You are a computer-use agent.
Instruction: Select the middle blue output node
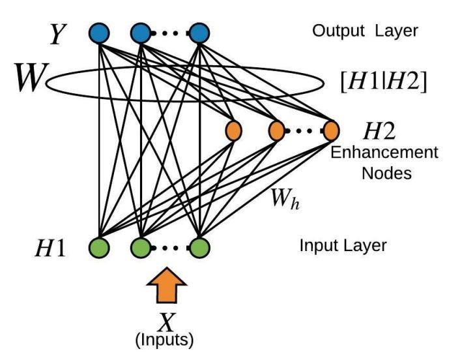click(x=140, y=32)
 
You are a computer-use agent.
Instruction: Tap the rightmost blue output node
click(x=199, y=32)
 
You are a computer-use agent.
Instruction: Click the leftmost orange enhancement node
click(x=233, y=130)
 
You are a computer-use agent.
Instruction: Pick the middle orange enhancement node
click(x=276, y=130)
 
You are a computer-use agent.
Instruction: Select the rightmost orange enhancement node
click(x=330, y=130)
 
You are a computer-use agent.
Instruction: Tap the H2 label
click(x=379, y=131)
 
